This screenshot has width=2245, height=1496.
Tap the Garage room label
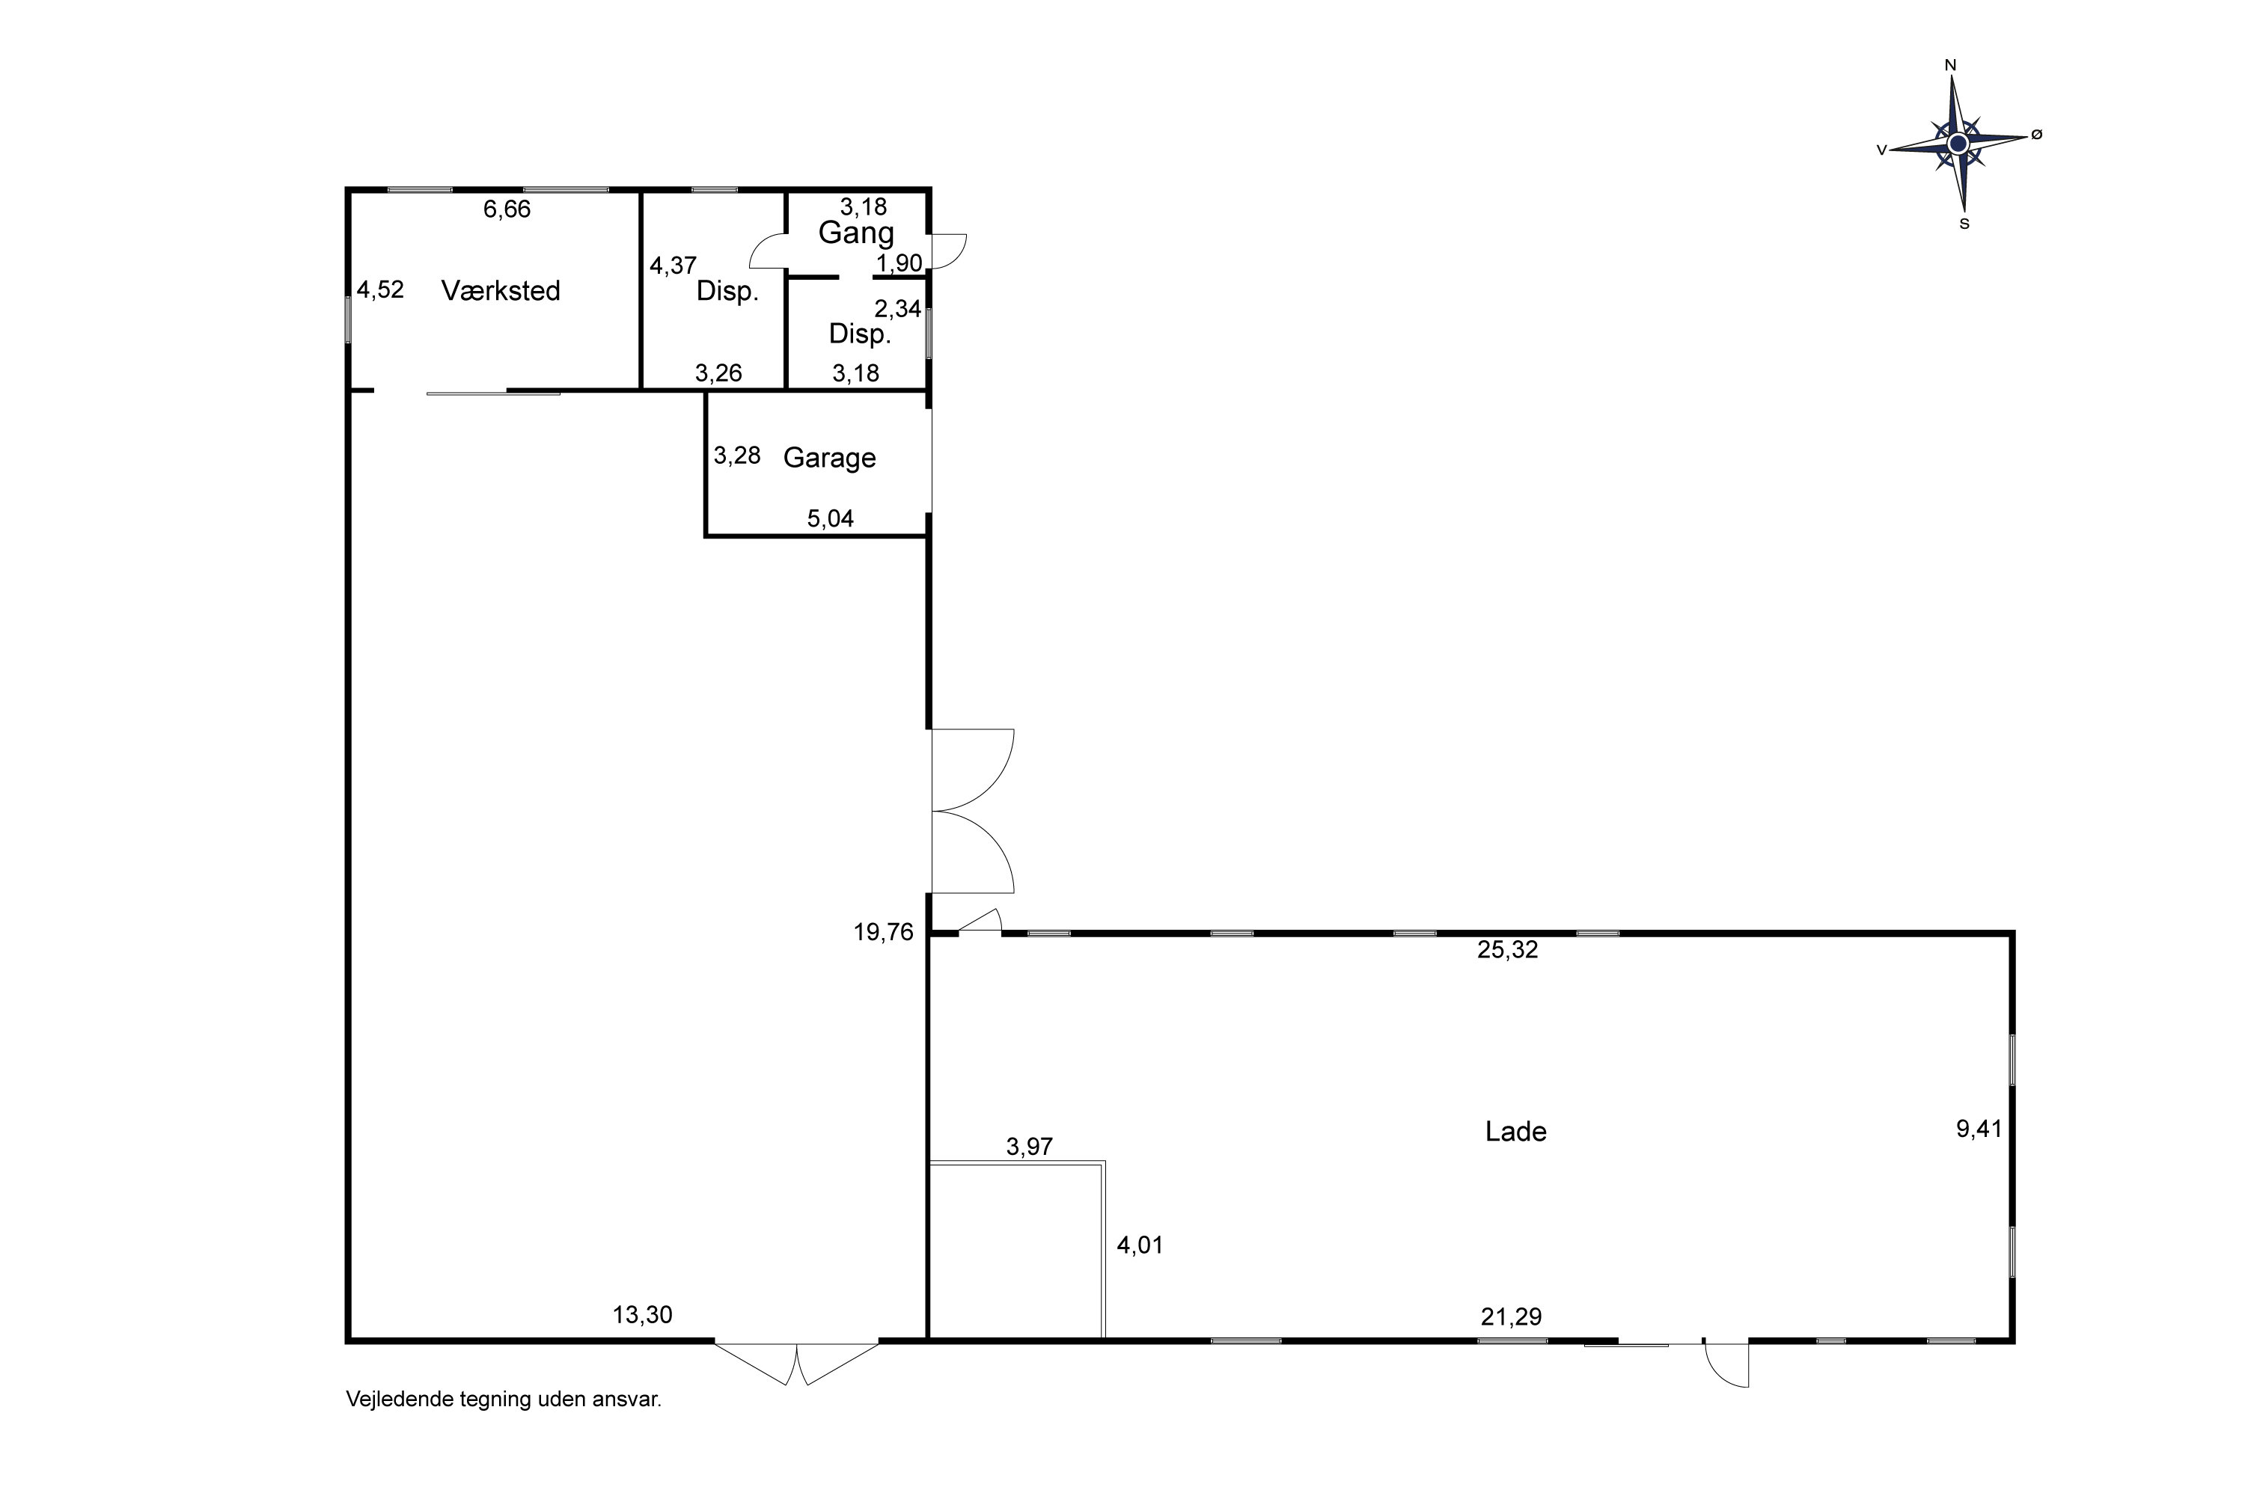click(x=829, y=458)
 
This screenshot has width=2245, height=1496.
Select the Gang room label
click(x=856, y=233)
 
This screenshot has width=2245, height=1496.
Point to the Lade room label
click(x=1516, y=1132)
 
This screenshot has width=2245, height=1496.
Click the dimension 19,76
click(x=883, y=932)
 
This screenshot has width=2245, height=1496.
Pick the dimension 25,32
click(x=1508, y=950)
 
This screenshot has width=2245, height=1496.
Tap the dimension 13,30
click(x=642, y=1315)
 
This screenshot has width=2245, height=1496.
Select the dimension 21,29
click(x=1511, y=1316)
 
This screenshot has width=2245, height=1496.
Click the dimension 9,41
click(x=1979, y=1129)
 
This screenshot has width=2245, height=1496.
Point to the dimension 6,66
click(x=507, y=209)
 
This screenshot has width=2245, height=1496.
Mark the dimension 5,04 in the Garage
click(x=831, y=518)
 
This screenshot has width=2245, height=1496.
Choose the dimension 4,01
click(x=1140, y=1245)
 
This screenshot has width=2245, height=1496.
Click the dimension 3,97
click(x=1029, y=1146)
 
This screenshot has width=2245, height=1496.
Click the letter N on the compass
click(x=1951, y=66)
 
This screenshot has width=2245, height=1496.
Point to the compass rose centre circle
click(x=1958, y=143)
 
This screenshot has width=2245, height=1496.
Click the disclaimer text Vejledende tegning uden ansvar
click(x=503, y=1400)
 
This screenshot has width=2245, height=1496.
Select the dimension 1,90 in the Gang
click(x=900, y=263)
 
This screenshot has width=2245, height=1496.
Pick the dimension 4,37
click(x=673, y=266)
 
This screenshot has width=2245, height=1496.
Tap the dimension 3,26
click(x=718, y=373)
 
